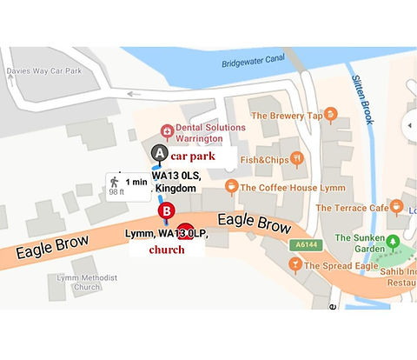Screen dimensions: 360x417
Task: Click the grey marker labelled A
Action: click(x=158, y=153)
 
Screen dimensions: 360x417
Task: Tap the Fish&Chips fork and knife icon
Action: click(x=297, y=158)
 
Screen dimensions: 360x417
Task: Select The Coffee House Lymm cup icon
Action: click(x=231, y=186)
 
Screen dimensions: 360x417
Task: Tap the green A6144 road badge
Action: click(x=300, y=244)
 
